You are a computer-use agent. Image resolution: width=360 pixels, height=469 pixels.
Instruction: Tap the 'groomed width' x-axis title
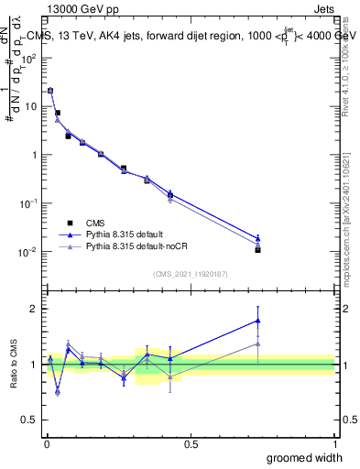(300, 457)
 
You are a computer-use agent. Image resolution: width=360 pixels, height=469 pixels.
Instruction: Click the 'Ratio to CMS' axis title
(15, 364)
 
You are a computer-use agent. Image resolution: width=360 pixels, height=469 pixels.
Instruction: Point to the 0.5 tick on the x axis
(191, 443)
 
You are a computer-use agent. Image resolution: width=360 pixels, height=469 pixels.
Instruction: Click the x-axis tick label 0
(46, 443)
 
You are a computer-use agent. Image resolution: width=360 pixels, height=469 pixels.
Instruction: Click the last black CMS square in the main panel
(258, 249)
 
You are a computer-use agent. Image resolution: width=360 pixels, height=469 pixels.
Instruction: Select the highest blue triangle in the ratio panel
(258, 321)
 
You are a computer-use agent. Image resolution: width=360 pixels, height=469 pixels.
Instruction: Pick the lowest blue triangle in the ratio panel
(58, 391)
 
